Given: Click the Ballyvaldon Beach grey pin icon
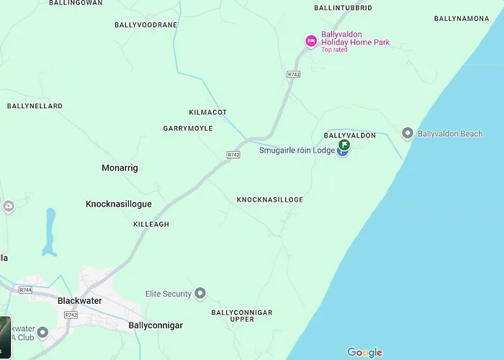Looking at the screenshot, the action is (408, 133).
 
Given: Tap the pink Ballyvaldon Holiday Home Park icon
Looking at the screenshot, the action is (311, 41).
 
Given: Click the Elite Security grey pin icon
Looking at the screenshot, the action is (200, 294).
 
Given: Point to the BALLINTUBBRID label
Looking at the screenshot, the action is (343, 7).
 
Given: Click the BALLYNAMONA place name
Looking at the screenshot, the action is (462, 18).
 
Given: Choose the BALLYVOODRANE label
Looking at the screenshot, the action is (145, 24).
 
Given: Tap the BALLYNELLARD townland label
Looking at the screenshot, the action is (35, 106).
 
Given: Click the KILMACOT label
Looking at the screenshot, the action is (207, 112).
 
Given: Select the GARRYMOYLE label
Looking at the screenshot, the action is (188, 128).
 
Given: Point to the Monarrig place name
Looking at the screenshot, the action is (120, 168).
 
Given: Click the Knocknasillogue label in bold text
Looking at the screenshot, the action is (119, 204).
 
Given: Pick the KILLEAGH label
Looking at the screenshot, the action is (151, 225).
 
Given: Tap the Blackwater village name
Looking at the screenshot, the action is (79, 300).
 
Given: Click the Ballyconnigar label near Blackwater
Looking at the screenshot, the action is (156, 325).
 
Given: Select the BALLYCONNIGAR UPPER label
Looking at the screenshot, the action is (242, 317).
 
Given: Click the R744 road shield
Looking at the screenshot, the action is (26, 289).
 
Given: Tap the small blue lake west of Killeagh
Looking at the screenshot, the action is (49, 232).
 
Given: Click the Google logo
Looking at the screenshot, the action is (365, 352).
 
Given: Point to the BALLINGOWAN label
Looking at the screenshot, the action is (76, 3).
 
